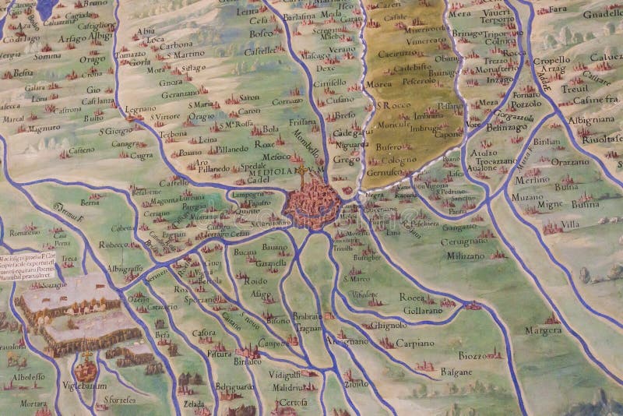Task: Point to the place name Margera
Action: point(544,330)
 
